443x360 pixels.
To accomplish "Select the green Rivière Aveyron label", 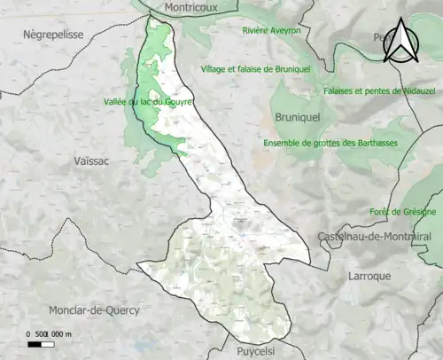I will pyautogui.click(x=271, y=30).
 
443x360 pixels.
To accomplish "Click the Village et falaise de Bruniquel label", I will pyautogui.click(x=255, y=69).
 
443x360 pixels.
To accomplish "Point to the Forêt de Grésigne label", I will pyautogui.click(x=403, y=212).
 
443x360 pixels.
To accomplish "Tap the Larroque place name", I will pyautogui.click(x=370, y=276).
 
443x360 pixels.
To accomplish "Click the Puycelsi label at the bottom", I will pyautogui.click(x=260, y=351).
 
